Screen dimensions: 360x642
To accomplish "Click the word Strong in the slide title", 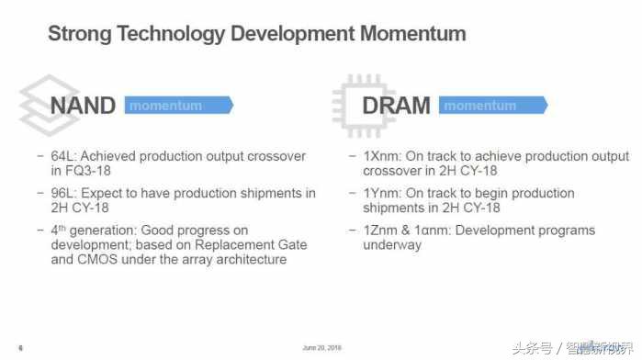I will coord(80,35).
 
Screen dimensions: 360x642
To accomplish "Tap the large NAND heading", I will coord(83,106).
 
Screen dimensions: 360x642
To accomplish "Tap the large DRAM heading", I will coord(396,106).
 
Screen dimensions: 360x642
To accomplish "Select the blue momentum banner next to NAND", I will coord(177,106).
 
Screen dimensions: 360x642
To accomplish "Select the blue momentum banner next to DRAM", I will coord(491,106).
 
